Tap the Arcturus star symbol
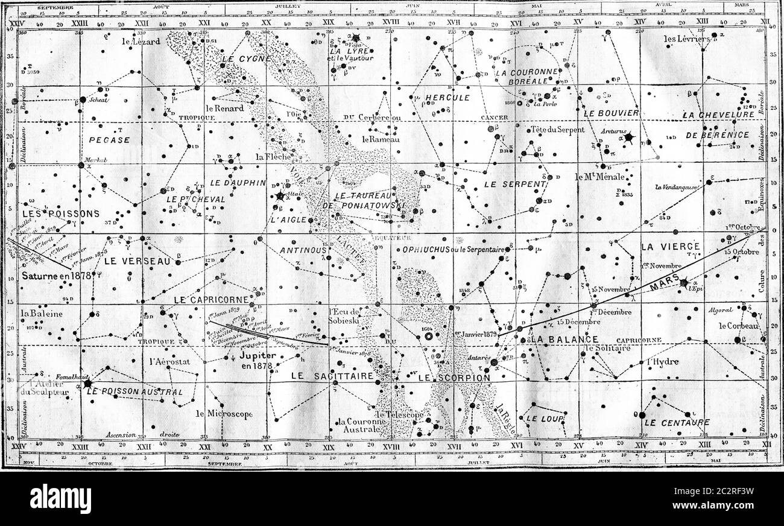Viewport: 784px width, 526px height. [630, 138]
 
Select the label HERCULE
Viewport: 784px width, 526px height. [447, 98]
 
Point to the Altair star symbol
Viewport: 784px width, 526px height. [280, 195]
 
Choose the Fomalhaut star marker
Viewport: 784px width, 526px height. [87, 383]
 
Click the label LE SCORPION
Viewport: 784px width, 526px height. [454, 378]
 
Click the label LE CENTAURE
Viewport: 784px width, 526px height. [677, 422]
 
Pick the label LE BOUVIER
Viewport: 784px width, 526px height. [610, 112]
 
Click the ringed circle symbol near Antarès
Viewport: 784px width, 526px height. [429, 336]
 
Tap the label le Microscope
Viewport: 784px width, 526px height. [224, 414]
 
